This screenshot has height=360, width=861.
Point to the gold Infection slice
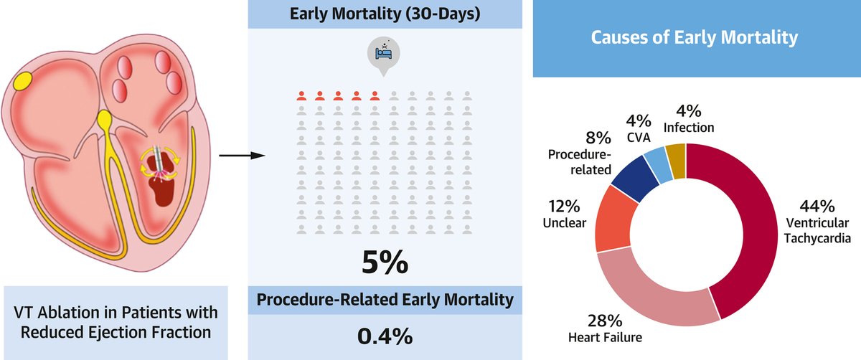click(x=675, y=153)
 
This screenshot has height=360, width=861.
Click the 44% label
click(x=817, y=207)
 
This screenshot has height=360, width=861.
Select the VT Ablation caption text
click(x=116, y=322)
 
